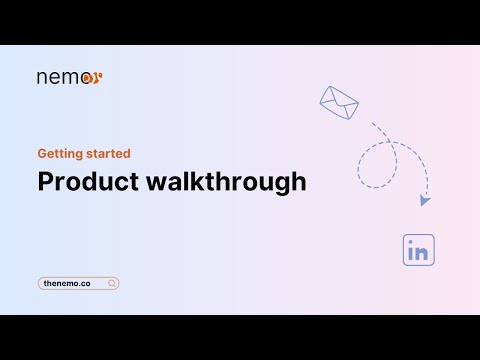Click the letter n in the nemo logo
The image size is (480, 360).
click(42, 77)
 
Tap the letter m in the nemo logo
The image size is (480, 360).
click(69, 77)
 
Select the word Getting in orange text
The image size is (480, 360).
click(59, 154)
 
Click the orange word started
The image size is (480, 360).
click(107, 154)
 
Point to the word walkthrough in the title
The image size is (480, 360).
click(222, 182)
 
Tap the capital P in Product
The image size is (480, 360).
click(45, 182)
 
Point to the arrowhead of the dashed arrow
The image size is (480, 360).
click(425, 200)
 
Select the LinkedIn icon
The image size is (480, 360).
click(418, 250)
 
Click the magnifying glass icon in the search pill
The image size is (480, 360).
click(112, 284)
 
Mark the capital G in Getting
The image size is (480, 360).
click(42, 154)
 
